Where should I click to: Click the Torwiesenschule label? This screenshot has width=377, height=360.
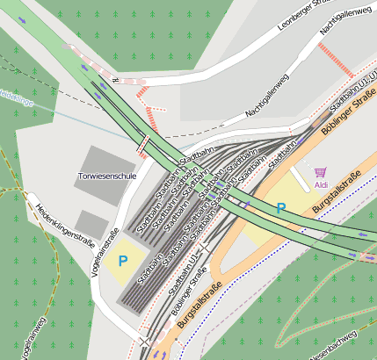(107, 176)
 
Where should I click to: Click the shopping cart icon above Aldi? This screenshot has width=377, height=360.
(320, 173)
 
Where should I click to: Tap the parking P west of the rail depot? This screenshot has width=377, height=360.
(123, 261)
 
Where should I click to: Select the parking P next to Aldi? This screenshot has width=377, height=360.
(280, 209)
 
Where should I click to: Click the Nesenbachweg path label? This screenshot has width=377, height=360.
(335, 343)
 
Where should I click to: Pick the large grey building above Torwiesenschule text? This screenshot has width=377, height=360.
(106, 157)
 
